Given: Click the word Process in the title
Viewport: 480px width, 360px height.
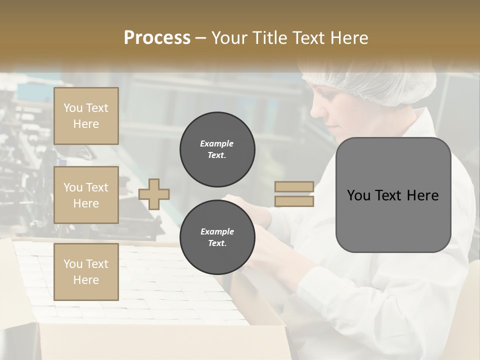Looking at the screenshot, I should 157,38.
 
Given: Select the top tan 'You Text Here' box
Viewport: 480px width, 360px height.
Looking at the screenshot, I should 86,116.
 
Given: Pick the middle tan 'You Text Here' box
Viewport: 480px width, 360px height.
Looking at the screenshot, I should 86,195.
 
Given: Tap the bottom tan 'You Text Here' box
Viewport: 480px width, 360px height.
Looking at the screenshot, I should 86,272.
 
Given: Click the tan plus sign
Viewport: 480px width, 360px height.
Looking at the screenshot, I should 154,193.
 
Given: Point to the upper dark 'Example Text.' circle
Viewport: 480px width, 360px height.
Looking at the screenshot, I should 217,149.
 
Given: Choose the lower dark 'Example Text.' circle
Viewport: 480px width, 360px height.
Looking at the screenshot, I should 217,237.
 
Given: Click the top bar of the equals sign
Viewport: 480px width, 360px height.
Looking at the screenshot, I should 294,186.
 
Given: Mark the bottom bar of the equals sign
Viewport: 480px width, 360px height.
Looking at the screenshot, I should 294,201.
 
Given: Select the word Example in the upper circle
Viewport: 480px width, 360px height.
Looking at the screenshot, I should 217,144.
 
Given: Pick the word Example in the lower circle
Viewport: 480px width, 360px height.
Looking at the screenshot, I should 217,232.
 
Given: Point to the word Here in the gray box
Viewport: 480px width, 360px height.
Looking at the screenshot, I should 423,195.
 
